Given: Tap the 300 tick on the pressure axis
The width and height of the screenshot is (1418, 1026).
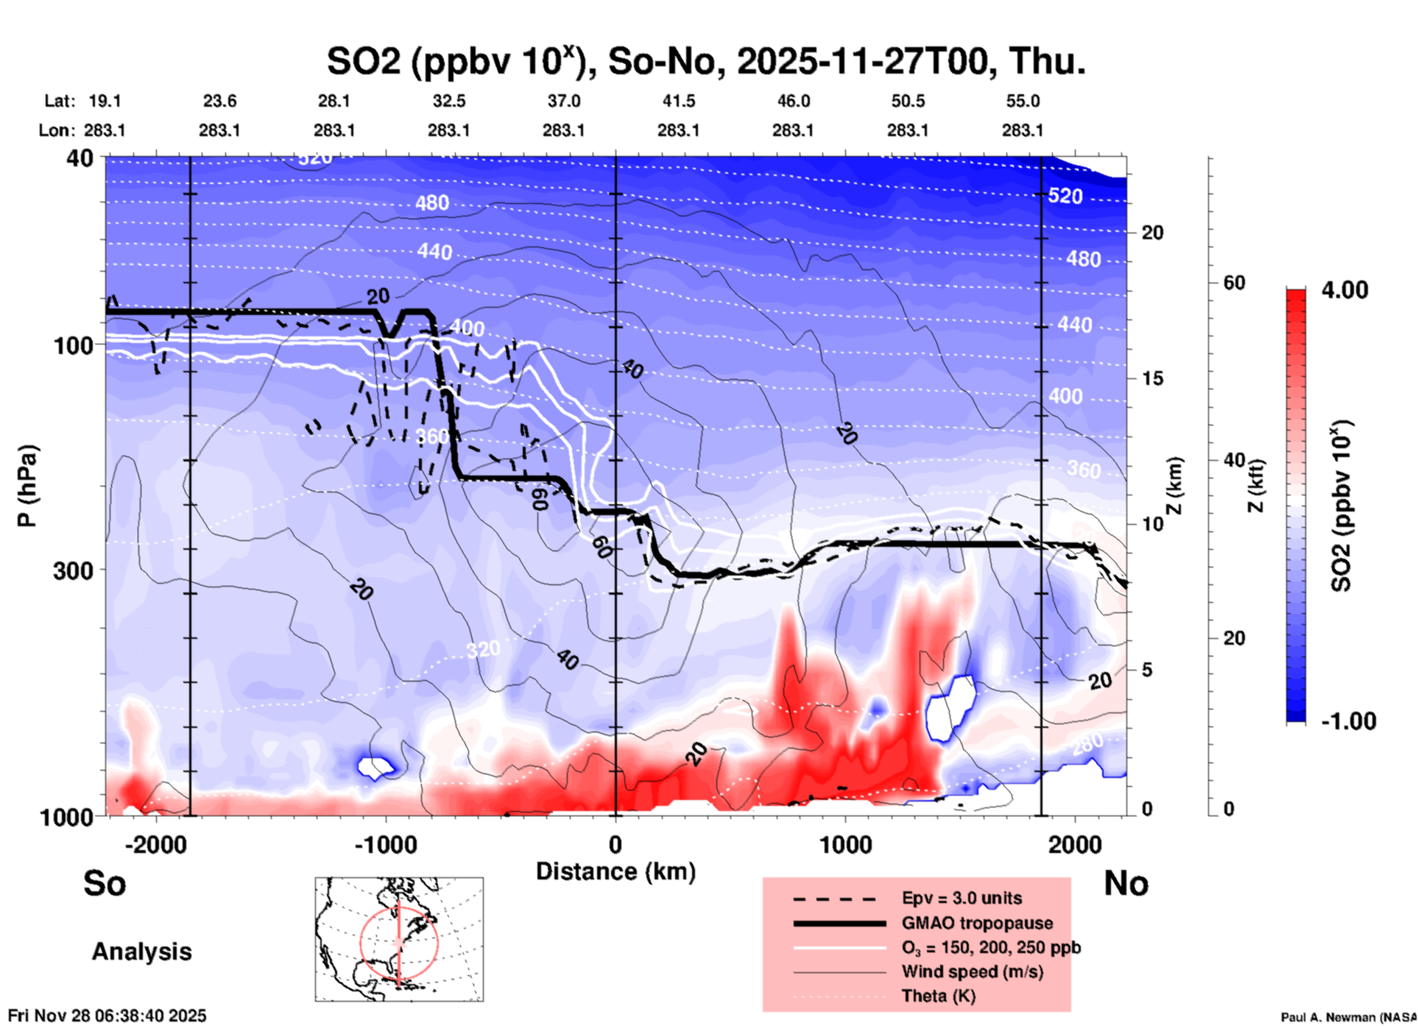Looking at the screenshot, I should [73, 570].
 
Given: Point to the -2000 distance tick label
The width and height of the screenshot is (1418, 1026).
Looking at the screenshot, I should [156, 845].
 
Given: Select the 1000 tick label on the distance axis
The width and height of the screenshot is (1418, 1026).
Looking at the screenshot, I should [845, 845].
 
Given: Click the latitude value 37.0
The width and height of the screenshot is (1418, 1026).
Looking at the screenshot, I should [563, 101].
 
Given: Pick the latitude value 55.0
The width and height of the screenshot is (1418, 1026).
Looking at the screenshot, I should [1023, 101].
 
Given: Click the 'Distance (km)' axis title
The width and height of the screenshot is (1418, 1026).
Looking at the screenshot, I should [615, 871].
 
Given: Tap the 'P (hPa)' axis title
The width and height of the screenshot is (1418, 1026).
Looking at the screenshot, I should [27, 486].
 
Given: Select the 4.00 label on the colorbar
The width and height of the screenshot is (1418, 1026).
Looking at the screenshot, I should [1344, 290].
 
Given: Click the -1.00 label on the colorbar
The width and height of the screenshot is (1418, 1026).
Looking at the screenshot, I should [1348, 721].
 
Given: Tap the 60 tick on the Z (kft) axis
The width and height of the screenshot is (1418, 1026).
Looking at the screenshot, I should [1234, 283].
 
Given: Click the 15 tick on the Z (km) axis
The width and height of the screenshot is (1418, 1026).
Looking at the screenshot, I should [1152, 378].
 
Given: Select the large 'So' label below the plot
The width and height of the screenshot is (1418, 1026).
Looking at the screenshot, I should [105, 883].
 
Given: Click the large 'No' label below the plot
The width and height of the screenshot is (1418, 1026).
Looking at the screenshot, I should [1126, 883].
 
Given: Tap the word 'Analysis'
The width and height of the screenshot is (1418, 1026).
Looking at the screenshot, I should [141, 952].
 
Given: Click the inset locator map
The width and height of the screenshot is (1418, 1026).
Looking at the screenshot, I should [399, 938].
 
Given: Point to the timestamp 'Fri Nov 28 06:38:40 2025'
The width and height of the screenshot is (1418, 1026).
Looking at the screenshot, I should [107, 1016].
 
